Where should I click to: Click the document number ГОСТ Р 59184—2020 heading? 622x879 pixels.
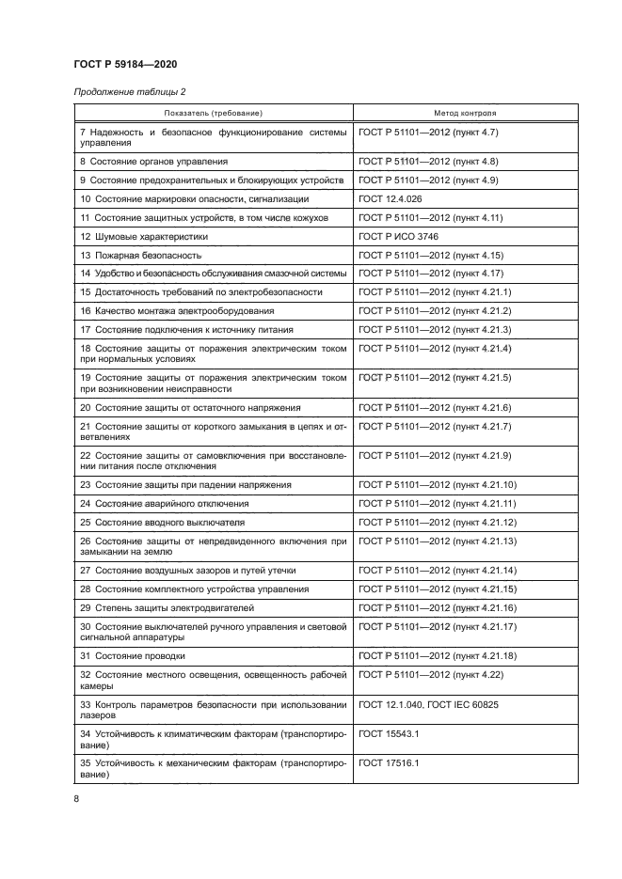[x=125, y=64]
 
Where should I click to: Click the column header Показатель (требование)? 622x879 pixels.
[x=213, y=113]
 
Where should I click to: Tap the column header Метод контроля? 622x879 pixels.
[x=465, y=113]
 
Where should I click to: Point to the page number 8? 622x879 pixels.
[x=76, y=798]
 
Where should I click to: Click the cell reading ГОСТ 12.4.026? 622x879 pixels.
[x=389, y=199]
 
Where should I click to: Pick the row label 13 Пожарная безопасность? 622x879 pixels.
[x=140, y=255]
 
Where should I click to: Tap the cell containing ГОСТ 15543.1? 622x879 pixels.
[x=389, y=732]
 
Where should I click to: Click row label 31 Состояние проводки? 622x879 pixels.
[x=133, y=655]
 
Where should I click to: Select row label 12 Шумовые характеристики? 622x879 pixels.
[x=143, y=237]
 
